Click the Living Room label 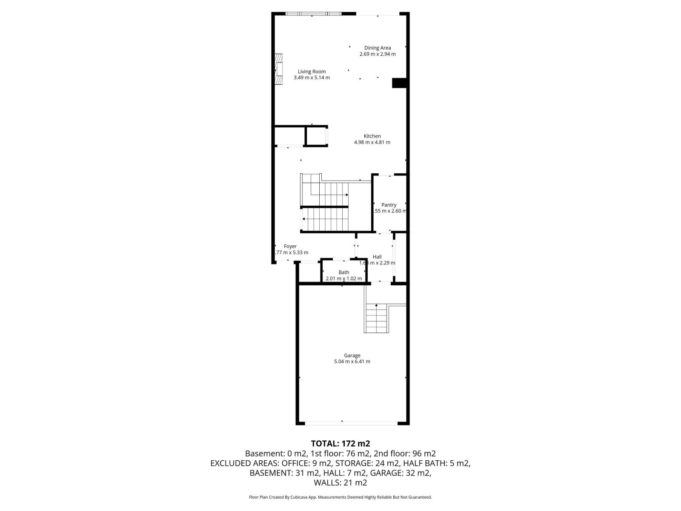click(312, 72)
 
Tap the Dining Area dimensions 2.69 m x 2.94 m click(377, 54)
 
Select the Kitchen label click(372, 136)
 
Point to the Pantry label click(389, 205)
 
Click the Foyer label click(290, 246)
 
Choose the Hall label click(377, 257)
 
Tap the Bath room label click(343, 273)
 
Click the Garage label click(352, 355)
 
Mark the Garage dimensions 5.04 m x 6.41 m click(352, 362)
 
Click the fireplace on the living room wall click(279, 69)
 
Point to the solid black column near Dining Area click(399, 83)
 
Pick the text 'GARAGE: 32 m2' click(401, 473)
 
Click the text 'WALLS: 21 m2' click(340, 483)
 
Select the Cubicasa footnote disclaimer click(340, 497)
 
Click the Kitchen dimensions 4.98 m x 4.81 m click(372, 142)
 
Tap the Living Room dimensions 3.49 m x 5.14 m click(312, 78)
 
